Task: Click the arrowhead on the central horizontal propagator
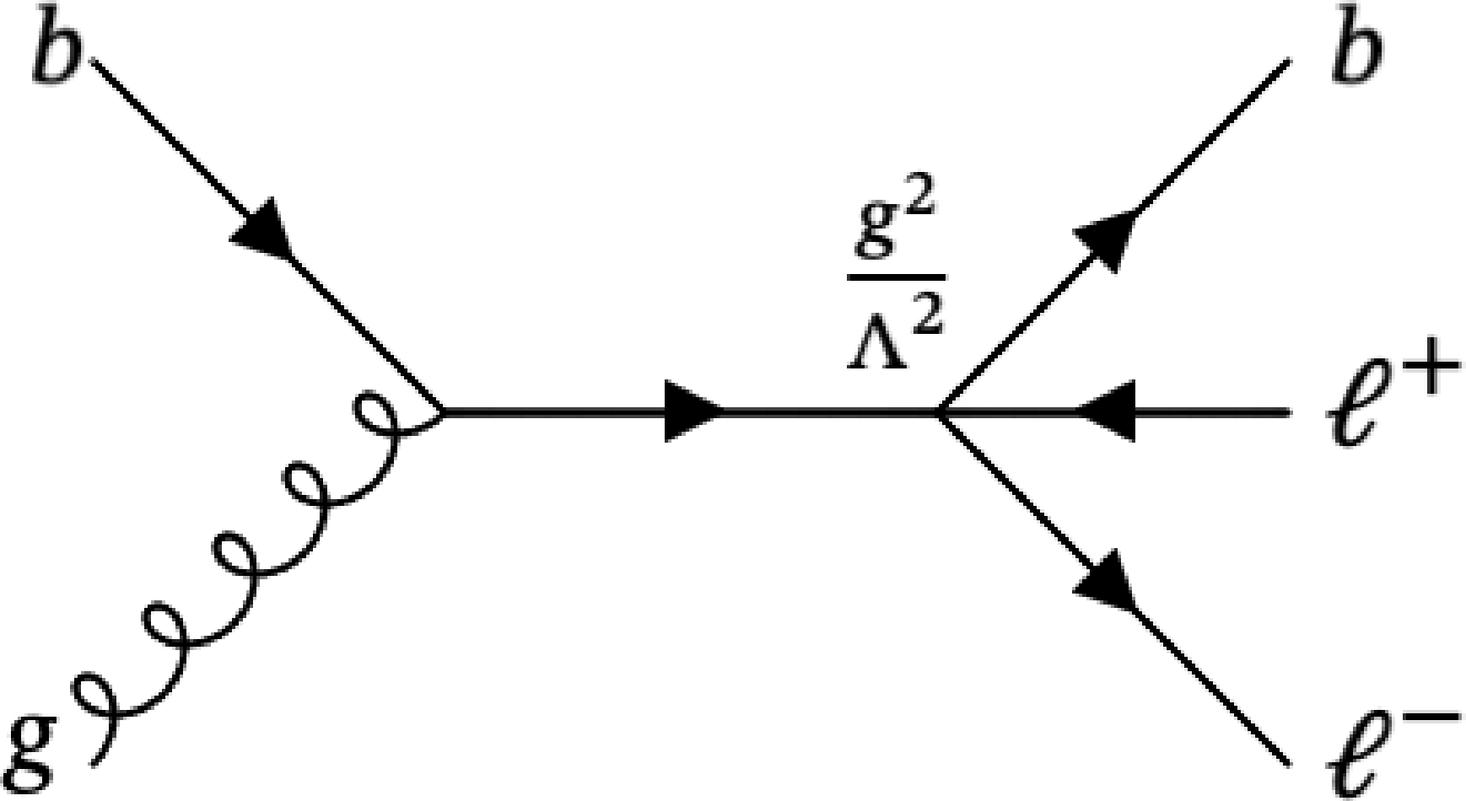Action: point(692,412)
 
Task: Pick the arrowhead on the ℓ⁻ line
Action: point(1106,582)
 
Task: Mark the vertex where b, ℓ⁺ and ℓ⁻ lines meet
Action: point(939,412)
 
